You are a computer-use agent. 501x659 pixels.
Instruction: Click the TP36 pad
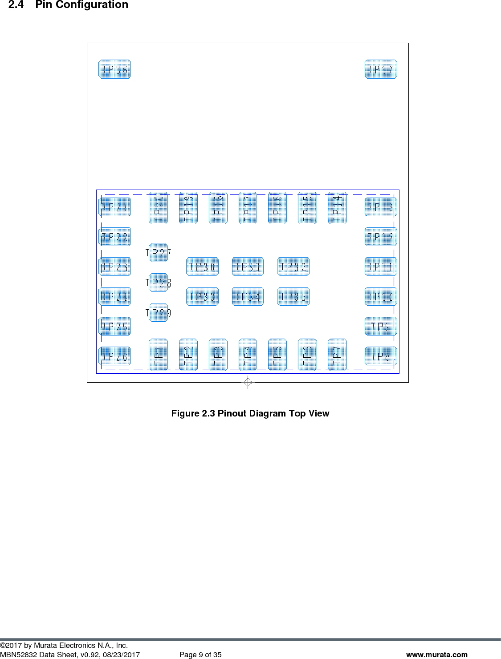tap(114, 69)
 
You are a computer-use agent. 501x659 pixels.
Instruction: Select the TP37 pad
tap(381, 69)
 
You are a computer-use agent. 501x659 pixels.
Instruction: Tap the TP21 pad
tap(114, 207)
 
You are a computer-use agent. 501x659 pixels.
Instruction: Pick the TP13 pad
tap(381, 207)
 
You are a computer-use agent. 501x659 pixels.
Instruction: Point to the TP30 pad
tap(202, 267)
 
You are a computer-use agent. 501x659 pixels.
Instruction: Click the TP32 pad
tap(293, 267)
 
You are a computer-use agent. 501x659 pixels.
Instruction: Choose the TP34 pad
tap(248, 297)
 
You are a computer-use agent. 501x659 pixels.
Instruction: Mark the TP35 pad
tap(293, 297)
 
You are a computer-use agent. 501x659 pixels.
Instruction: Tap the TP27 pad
tap(158, 253)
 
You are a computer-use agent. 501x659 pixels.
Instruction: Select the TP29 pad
tap(158, 313)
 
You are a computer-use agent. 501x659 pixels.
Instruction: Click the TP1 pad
tap(158, 355)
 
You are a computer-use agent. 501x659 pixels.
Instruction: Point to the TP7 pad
tap(337, 355)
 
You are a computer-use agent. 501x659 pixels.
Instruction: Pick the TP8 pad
tap(381, 356)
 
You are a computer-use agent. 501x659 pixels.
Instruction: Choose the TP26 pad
tap(114, 356)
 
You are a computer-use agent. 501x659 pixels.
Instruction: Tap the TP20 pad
tap(158, 208)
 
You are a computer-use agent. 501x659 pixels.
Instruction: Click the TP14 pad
tap(337, 208)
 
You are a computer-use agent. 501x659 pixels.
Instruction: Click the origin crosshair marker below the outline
tap(248, 382)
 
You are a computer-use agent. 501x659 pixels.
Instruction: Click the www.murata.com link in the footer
tap(436, 655)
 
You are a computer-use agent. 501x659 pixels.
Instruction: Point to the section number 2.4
tap(16, 5)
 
